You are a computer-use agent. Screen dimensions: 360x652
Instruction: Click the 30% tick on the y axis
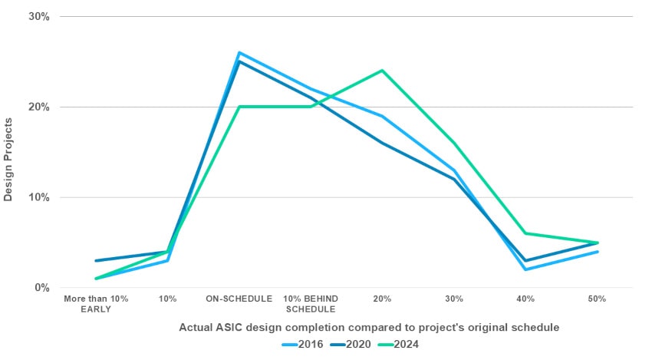[x=38, y=16]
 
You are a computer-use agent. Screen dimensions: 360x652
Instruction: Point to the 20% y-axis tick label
[x=38, y=107]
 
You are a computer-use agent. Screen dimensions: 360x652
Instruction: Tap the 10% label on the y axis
[x=38, y=197]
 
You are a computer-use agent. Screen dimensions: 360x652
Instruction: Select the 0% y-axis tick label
[x=41, y=288]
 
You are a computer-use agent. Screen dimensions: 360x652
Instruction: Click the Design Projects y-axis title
[x=8, y=160]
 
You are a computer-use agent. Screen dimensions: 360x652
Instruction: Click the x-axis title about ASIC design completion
[x=369, y=327]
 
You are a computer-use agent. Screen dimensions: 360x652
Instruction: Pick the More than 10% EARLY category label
[x=97, y=303]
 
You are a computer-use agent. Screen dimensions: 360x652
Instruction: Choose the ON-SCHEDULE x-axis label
[x=239, y=298]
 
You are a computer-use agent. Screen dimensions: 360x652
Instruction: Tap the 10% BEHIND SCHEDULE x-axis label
[x=311, y=303]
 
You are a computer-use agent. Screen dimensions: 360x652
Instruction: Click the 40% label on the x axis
[x=525, y=298]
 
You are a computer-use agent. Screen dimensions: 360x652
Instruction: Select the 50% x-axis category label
[x=598, y=298]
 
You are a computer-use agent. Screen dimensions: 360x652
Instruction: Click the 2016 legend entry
[x=300, y=344]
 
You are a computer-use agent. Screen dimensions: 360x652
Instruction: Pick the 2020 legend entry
[x=350, y=344]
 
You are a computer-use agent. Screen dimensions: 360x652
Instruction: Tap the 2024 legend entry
[x=400, y=344]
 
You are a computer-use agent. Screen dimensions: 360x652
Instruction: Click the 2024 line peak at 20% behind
[x=382, y=71]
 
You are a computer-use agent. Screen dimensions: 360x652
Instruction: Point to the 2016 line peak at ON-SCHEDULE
[x=239, y=53]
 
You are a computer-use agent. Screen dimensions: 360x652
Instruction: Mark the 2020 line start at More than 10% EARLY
[x=96, y=261]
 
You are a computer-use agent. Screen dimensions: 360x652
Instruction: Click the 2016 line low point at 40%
[x=525, y=269]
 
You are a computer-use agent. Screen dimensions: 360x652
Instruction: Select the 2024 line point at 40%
[x=525, y=233]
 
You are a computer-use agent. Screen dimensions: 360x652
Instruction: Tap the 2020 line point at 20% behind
[x=382, y=143]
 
